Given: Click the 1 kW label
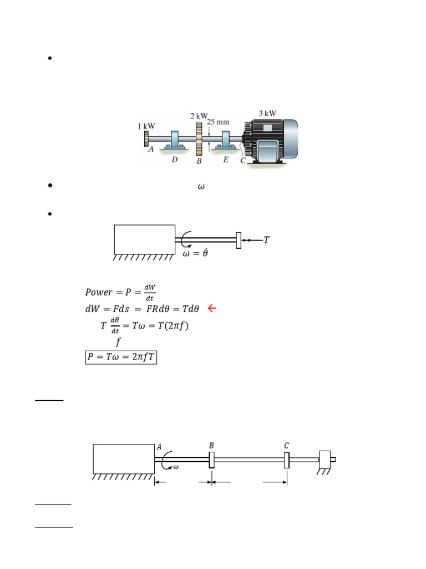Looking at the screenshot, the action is (x=146, y=126).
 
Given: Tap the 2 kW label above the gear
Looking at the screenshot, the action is (x=199, y=116).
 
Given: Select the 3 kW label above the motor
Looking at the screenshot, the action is (x=267, y=113).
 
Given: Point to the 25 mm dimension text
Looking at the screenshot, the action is (x=218, y=122).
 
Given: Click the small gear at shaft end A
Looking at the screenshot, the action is (x=146, y=139).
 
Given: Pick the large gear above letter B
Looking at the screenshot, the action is (x=199, y=139).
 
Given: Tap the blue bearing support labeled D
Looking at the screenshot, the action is (x=175, y=141).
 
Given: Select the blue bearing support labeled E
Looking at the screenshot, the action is (x=226, y=141).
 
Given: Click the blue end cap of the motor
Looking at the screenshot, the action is (x=290, y=138).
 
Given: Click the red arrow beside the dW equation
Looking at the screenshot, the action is (x=212, y=308).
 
